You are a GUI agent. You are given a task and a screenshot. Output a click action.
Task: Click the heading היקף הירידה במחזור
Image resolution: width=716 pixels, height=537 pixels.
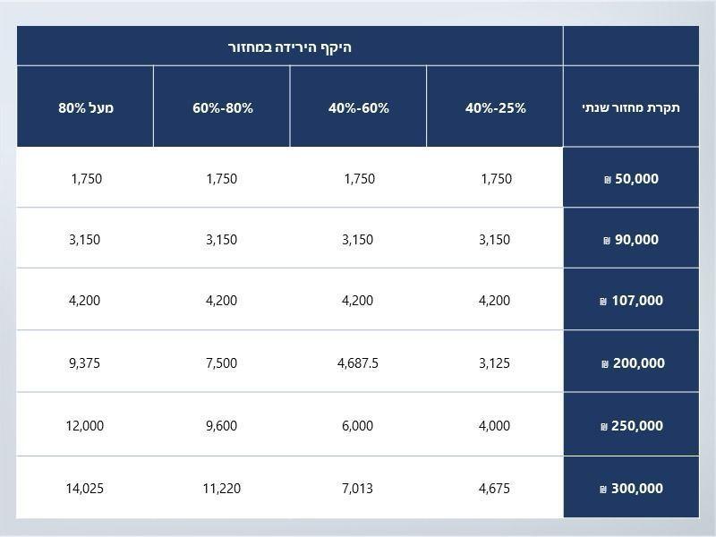[289, 47]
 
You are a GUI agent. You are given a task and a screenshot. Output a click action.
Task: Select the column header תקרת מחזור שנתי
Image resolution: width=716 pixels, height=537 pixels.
[631, 107]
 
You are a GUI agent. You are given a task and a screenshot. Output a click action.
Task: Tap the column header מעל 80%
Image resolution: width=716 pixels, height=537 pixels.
[86, 107]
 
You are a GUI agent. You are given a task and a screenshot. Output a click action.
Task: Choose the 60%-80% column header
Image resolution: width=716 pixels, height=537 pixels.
[223, 107]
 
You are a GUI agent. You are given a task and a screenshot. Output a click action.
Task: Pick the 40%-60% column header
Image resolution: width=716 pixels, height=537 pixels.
[359, 107]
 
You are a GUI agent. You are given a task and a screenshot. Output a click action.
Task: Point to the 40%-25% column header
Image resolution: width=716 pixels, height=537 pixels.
[496, 107]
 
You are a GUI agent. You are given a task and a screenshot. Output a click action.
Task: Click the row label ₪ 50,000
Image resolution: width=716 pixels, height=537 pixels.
[631, 179]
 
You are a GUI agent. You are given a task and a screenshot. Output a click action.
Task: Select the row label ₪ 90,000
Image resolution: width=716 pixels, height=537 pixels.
[631, 240]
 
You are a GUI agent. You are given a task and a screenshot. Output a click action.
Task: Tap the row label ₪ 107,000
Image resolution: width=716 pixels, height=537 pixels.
[631, 301]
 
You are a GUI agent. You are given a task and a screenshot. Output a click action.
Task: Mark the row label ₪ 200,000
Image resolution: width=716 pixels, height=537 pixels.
[631, 363]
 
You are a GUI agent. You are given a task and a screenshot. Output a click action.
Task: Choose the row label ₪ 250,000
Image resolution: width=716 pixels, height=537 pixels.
[631, 426]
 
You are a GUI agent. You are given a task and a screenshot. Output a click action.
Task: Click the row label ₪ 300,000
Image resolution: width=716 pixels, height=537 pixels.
[631, 489]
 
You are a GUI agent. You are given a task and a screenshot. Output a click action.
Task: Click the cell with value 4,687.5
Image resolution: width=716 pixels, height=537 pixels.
[358, 363]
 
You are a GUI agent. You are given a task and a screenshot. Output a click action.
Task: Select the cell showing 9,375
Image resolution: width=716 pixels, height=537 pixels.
[85, 363]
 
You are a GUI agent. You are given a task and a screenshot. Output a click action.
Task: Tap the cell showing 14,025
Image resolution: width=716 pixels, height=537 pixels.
[85, 489]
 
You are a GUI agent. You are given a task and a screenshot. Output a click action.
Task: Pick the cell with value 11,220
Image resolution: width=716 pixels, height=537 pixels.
[222, 489]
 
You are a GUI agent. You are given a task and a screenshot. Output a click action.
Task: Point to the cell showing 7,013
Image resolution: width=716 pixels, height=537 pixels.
[358, 489]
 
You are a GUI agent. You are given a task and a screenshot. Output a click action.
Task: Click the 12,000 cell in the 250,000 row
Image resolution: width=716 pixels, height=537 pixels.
[85, 426]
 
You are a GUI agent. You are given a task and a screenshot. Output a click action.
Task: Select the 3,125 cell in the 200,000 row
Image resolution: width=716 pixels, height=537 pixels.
[495, 363]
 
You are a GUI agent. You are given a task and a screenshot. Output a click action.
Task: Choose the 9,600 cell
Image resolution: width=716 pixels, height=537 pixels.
[222, 426]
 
